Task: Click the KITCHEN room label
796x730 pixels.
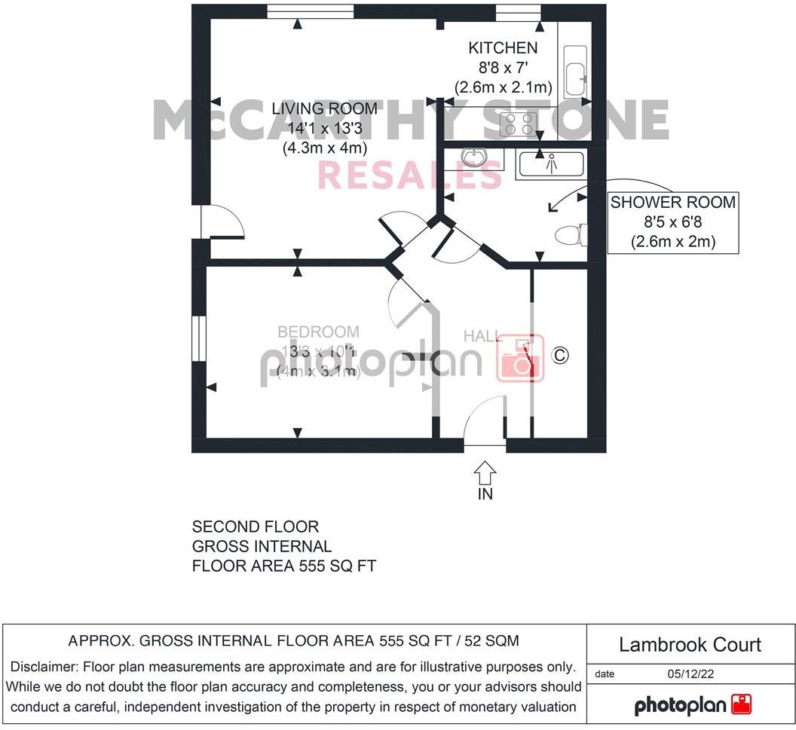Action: pyautogui.click(x=503, y=48)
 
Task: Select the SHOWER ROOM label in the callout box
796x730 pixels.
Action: pyautogui.click(x=672, y=203)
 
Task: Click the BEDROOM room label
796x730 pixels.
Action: pyautogui.click(x=318, y=332)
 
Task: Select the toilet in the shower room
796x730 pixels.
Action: pyautogui.click(x=571, y=236)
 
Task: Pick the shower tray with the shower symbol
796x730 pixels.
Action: pyautogui.click(x=550, y=163)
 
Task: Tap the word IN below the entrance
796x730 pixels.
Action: pyautogui.click(x=485, y=494)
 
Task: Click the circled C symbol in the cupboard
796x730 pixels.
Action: pyautogui.click(x=559, y=354)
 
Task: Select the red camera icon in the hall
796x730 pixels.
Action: pyautogui.click(x=519, y=356)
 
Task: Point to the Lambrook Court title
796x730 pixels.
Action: pyautogui.click(x=690, y=645)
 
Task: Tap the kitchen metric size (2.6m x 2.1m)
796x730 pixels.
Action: pyautogui.click(x=504, y=87)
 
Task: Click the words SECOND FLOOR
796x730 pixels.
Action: pyautogui.click(x=256, y=527)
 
